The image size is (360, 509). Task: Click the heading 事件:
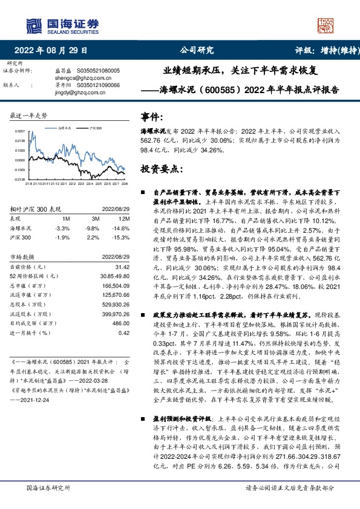[152, 117]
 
